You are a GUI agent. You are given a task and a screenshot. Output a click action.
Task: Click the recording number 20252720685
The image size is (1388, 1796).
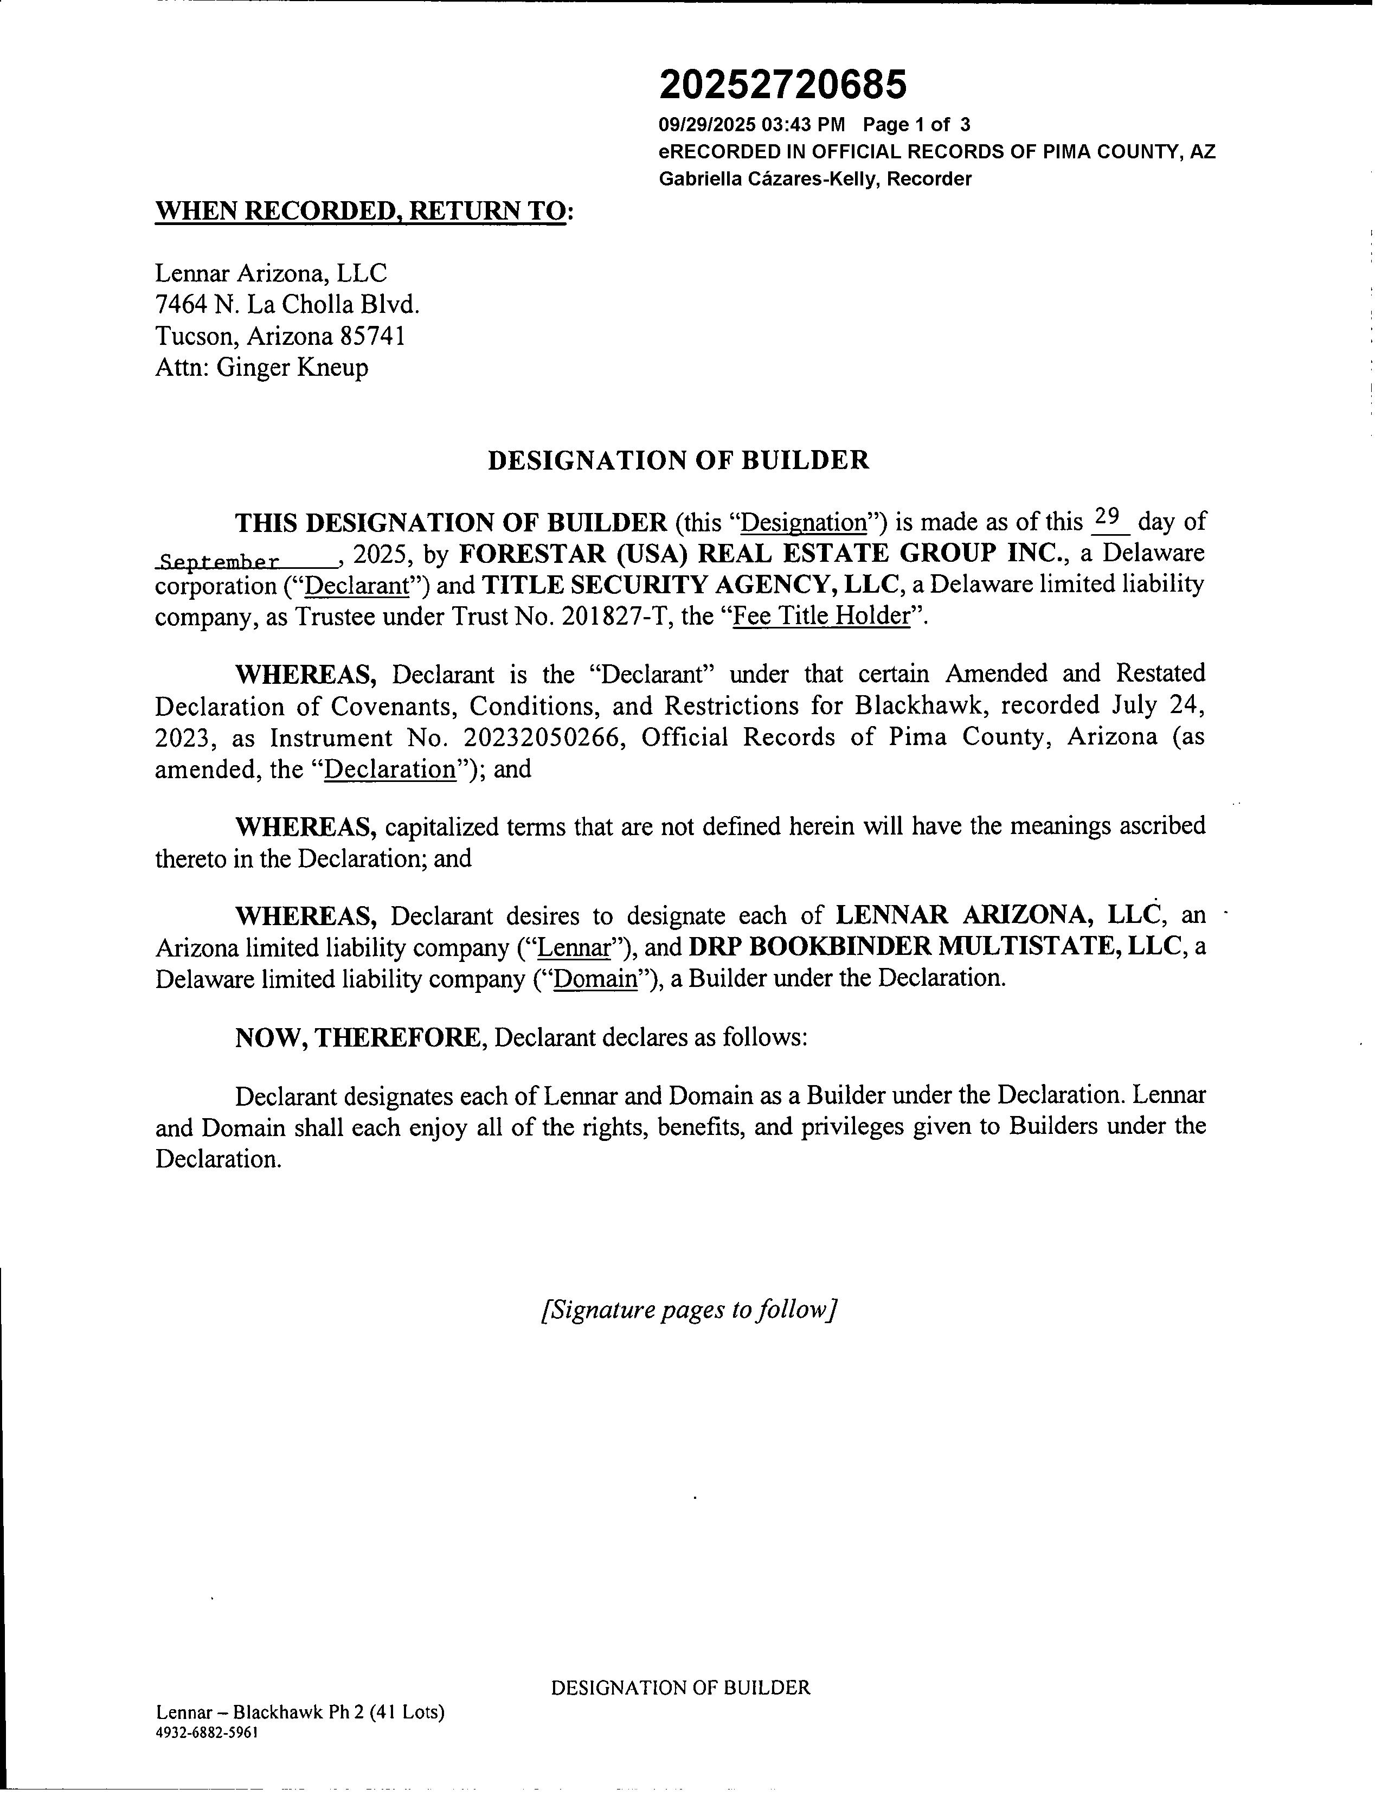pos(783,84)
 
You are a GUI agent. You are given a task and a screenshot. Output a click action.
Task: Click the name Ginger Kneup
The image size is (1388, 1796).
pos(292,368)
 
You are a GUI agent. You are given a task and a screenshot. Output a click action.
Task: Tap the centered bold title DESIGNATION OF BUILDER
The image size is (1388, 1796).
pos(678,460)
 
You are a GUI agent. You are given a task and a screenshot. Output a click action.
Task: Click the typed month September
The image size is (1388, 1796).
pos(219,562)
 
